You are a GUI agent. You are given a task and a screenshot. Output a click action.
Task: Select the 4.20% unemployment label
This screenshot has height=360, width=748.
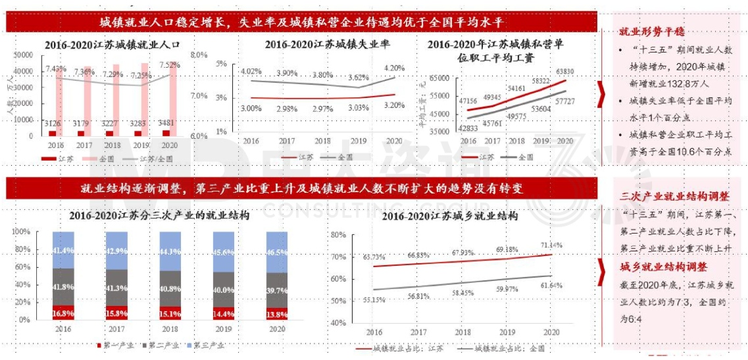coord(394,68)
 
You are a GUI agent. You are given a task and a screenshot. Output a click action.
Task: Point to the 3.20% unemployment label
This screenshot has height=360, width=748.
coord(394,105)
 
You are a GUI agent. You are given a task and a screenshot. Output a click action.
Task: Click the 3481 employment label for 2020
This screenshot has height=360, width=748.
coord(164,122)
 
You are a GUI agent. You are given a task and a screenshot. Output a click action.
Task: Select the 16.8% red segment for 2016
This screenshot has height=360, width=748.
coord(63,313)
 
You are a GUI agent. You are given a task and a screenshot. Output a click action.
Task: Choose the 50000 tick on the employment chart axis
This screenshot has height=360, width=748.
coord(24,55)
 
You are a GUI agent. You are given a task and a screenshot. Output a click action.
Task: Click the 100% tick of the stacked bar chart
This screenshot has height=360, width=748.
coord(21,232)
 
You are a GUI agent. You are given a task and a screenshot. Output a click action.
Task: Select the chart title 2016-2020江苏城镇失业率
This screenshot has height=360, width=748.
coord(318,44)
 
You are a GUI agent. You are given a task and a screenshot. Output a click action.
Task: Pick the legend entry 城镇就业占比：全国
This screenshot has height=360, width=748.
coord(507,348)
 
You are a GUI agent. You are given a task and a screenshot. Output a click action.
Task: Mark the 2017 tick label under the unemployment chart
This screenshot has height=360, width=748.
coord(287,141)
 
